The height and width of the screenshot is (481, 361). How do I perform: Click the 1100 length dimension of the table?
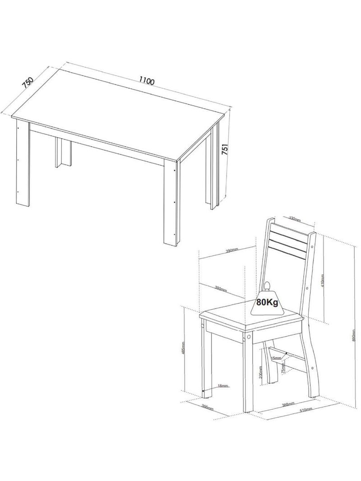click(147, 81)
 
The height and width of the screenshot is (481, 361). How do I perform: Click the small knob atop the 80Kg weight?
click(267, 284)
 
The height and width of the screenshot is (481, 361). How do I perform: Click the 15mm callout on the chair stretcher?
click(276, 358)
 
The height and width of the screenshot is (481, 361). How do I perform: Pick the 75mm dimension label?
click(283, 368)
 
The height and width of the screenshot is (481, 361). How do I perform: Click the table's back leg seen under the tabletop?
click(64, 153)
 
